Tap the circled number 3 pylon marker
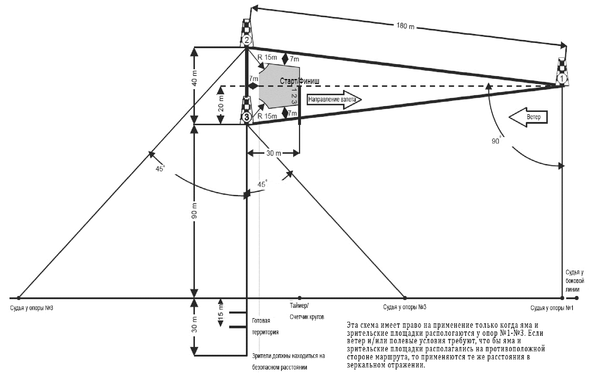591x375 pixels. click(247, 117)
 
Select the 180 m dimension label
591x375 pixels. click(405, 26)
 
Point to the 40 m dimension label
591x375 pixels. click(195, 78)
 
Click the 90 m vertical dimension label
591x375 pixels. click(195, 211)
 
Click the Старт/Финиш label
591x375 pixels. click(300, 81)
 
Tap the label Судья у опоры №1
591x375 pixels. click(552, 308)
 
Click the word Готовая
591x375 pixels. click(261, 321)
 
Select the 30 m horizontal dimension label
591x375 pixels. click(273, 153)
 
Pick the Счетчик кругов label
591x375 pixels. click(307, 317)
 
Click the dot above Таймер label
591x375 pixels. click(300, 298)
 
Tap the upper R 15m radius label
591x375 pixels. click(267, 57)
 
